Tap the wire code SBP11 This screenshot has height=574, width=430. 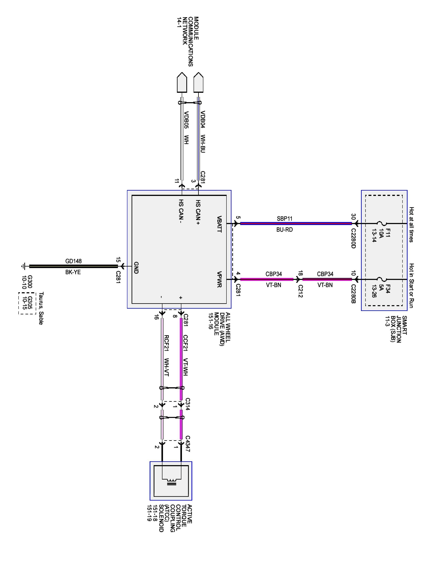(x=284, y=219)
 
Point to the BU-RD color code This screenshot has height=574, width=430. (x=284, y=230)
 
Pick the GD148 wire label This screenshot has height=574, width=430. (x=73, y=261)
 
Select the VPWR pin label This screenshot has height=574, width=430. (x=219, y=280)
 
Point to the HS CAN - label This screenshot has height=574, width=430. (x=181, y=211)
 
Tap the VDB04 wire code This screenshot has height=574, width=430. (x=203, y=120)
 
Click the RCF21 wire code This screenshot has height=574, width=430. (x=167, y=343)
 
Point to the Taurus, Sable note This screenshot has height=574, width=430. (x=41, y=308)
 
